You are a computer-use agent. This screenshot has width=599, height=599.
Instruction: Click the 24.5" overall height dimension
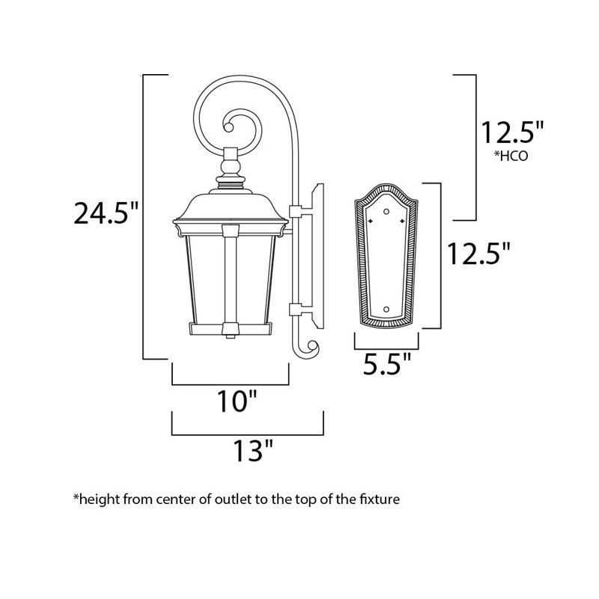[x=106, y=214]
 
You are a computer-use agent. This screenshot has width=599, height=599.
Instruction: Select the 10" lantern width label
[x=231, y=403]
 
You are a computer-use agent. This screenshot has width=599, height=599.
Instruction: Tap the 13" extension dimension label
[x=249, y=451]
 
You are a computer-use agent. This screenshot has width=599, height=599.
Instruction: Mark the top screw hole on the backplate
[x=386, y=212]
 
